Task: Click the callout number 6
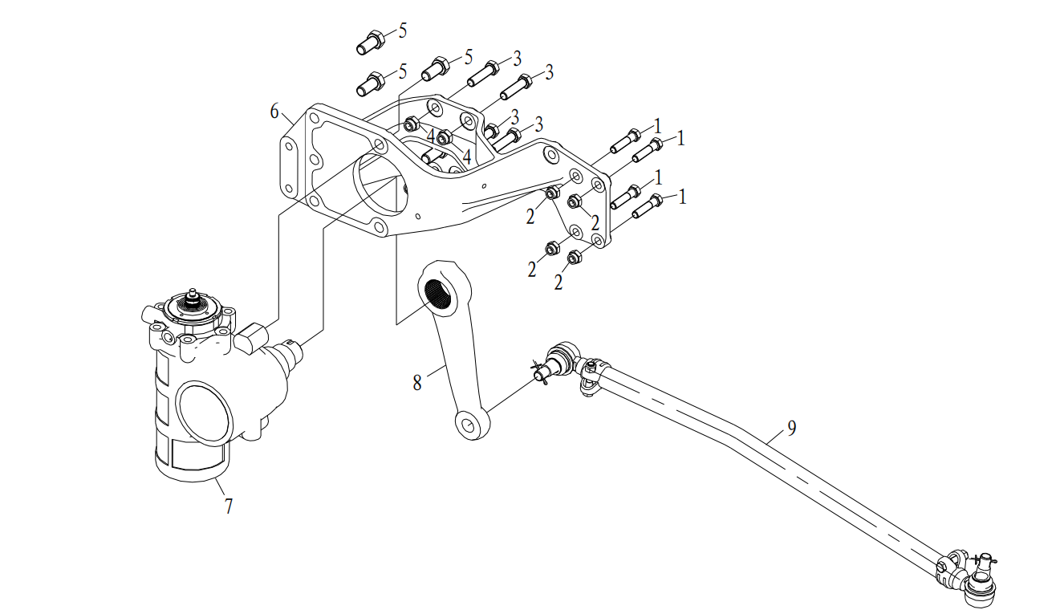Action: [274, 112]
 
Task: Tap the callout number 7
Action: [229, 506]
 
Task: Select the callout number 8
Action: [417, 383]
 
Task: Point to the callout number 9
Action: [792, 428]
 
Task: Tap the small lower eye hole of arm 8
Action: [468, 425]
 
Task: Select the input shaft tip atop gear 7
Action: [192, 294]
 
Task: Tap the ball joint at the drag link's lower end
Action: [977, 587]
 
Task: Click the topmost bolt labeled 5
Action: [371, 42]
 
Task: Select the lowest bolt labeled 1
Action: [648, 206]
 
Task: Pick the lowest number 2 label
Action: [558, 283]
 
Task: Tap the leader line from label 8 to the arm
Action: [436, 371]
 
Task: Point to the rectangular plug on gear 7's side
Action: [251, 338]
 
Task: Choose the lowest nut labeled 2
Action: [574, 257]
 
